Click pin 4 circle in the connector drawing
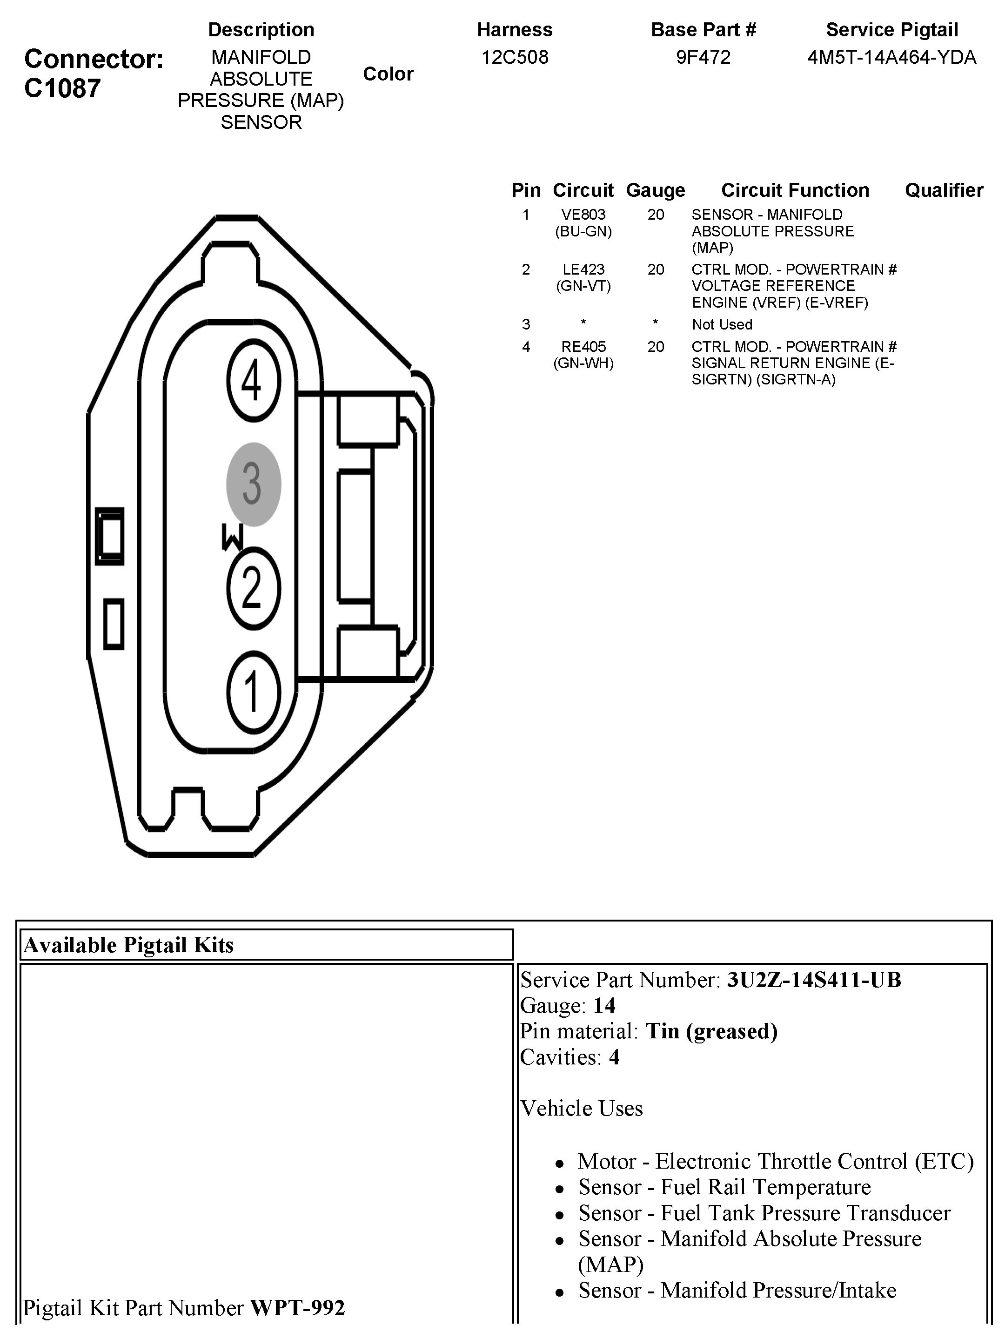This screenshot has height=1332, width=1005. [254, 381]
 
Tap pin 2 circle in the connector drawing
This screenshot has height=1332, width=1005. [254, 588]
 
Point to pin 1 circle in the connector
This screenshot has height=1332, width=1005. [254, 693]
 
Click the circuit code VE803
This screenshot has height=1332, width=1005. [583, 215]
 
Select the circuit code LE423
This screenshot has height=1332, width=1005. [583, 269]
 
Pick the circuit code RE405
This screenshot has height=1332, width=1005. [583, 346]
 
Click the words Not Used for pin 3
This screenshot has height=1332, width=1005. [722, 324]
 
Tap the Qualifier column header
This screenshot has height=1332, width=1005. [944, 190]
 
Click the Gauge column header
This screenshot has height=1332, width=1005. [656, 190]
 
